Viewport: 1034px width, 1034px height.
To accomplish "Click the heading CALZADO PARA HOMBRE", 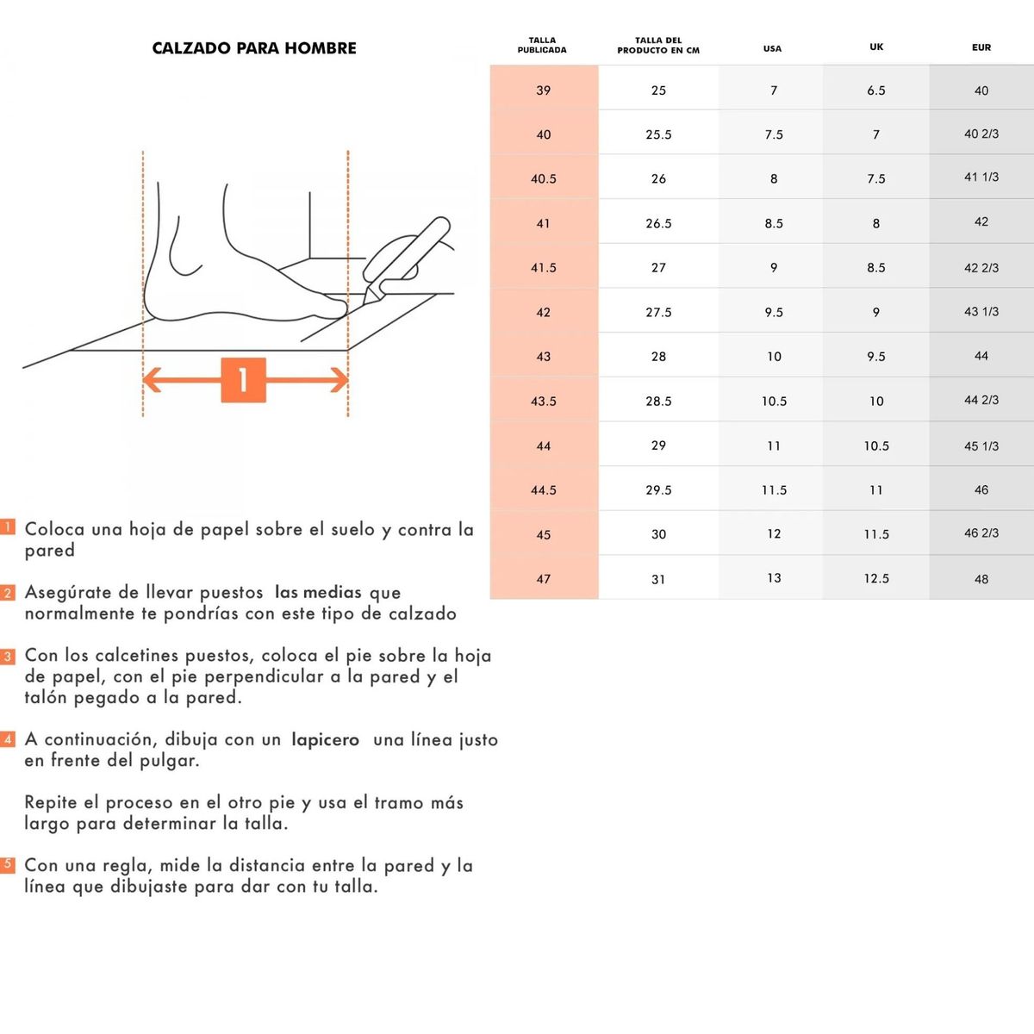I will [x=254, y=48].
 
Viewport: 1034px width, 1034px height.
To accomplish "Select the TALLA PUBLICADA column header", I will [x=542, y=45].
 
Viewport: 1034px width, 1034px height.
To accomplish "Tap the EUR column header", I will [x=981, y=47].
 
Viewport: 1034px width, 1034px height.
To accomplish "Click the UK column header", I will [x=876, y=47].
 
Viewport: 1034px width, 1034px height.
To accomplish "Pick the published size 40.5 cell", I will [x=544, y=179].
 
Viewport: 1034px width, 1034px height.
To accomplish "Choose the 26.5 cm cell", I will [x=658, y=223].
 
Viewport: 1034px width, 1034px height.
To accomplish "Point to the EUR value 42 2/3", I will [x=981, y=268].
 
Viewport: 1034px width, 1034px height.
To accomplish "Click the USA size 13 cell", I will [x=774, y=578].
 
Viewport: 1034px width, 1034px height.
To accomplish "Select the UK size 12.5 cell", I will [x=876, y=578].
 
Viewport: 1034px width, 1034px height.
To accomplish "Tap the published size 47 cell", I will [x=544, y=579].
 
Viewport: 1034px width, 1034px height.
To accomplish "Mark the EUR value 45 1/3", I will [x=981, y=446].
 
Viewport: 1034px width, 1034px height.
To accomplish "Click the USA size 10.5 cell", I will [x=774, y=402].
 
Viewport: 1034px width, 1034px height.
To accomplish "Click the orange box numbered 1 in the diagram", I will [x=243, y=380].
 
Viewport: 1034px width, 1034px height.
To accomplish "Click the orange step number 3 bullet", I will [x=8, y=657].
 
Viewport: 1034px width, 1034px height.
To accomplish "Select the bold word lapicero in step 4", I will [x=325, y=740].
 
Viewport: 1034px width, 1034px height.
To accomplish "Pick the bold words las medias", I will [x=318, y=593].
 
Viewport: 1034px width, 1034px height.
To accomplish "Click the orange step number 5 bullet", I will [x=8, y=864].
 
